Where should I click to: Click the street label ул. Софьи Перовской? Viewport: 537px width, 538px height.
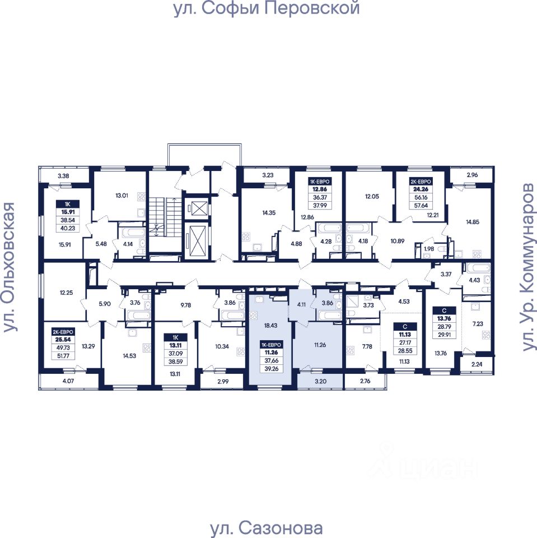pos(267,10)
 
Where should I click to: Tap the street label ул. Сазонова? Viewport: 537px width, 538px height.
pos(267,528)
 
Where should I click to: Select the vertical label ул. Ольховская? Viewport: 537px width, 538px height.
pos(10,268)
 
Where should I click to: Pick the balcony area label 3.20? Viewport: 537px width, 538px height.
pos(320,382)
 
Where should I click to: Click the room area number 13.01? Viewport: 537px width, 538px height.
pos(122,196)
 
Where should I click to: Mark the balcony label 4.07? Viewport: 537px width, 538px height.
pos(67,382)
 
